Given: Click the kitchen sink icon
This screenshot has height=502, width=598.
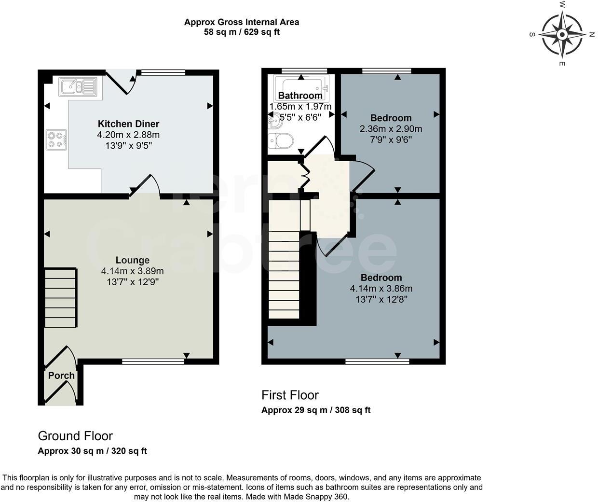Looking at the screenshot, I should pyautogui.click(x=78, y=87).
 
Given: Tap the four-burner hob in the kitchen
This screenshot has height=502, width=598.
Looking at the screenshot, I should pyautogui.click(x=56, y=140).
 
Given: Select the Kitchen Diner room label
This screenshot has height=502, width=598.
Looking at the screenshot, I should pyautogui.click(x=128, y=124).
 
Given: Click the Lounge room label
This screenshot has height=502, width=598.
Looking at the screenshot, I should pyautogui.click(x=132, y=260).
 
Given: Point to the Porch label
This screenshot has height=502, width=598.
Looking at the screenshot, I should pyautogui.click(x=61, y=376).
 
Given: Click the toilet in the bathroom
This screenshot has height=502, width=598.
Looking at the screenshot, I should pyautogui.click(x=281, y=141).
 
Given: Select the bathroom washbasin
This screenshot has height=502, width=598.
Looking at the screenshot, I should pyautogui.click(x=273, y=122).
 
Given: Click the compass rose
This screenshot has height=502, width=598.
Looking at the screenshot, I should pyautogui.click(x=562, y=35).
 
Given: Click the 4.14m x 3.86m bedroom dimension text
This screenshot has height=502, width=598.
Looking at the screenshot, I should pyautogui.click(x=381, y=289).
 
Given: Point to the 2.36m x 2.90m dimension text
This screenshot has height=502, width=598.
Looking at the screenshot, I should pyautogui.click(x=391, y=129).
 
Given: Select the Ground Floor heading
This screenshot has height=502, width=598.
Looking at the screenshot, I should pyautogui.click(x=75, y=436).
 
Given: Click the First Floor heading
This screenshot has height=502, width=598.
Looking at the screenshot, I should pyautogui.click(x=290, y=395).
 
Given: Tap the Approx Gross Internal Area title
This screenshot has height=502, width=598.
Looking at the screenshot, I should pyautogui.click(x=241, y=22).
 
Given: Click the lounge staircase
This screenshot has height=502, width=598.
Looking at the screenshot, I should pyautogui.click(x=61, y=298).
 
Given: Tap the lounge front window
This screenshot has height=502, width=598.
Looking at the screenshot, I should pyautogui.click(x=153, y=361).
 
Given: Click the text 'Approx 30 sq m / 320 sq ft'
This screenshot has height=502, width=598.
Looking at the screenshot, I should pyautogui.click(x=92, y=451).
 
